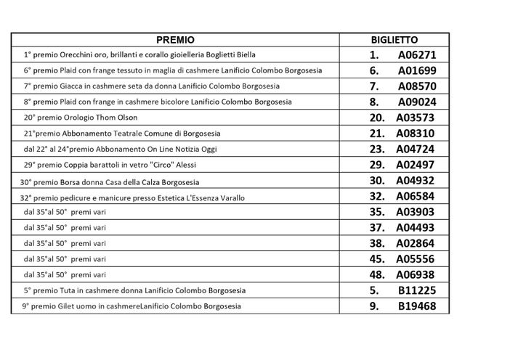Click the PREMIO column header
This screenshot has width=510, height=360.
(176, 40)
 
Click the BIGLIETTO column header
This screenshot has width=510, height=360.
(394, 40)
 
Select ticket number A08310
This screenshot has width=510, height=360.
(415, 134)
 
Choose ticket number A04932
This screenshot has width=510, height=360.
(415, 181)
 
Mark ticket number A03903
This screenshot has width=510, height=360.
(415, 212)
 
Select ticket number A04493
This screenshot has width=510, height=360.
(415, 228)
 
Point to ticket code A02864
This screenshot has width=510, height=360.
(415, 244)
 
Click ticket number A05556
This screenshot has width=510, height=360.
(415, 259)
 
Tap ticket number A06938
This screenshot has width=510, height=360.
(415, 275)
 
